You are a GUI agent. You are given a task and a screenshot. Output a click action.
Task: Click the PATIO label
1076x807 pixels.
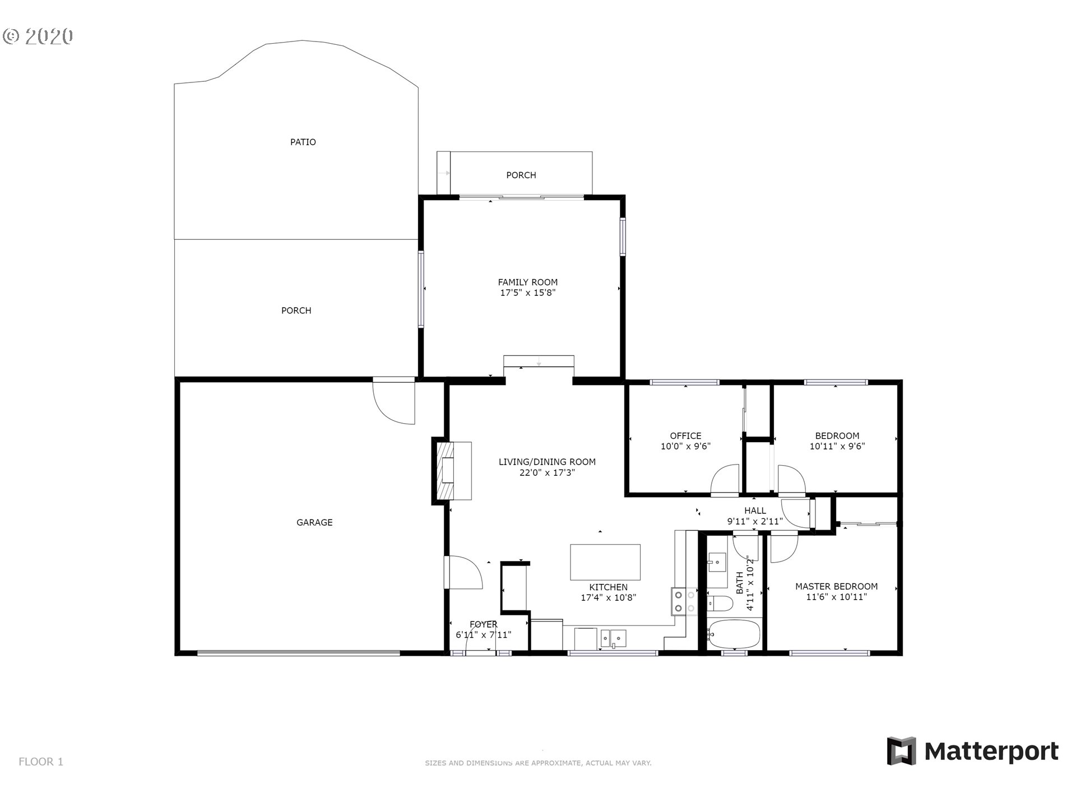pos(303,142)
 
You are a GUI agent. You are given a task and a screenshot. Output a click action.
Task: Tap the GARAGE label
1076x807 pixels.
pos(314,522)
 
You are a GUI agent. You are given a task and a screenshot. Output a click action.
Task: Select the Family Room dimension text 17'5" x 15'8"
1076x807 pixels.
pos(528,293)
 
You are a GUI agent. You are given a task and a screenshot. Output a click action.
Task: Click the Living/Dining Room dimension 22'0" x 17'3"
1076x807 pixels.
pos(547,472)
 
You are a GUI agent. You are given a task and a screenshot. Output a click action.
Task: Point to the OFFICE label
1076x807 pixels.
pos(685,435)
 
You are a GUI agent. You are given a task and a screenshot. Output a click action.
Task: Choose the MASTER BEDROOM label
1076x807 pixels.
pos(836,586)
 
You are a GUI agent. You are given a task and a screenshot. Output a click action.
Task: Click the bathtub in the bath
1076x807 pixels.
pos(734,634)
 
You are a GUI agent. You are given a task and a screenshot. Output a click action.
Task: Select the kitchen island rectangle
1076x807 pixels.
pos(605,562)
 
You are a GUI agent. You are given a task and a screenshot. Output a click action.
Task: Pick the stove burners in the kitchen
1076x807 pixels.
pos(684,601)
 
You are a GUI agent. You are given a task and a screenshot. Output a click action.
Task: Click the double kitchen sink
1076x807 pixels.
pos(613,638)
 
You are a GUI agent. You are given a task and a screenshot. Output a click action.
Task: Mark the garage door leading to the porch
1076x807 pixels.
pos(395,401)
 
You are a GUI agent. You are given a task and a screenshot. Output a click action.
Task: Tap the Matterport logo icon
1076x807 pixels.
pos(901,751)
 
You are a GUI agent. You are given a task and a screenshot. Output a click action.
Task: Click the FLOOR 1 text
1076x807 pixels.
pos(41,762)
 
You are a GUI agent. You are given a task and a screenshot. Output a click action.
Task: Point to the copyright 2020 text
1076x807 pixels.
pos(38,36)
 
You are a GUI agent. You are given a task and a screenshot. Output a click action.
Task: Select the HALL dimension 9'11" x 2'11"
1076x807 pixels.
pos(755,521)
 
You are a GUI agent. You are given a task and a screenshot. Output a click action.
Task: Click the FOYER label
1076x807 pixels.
pos(483,624)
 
